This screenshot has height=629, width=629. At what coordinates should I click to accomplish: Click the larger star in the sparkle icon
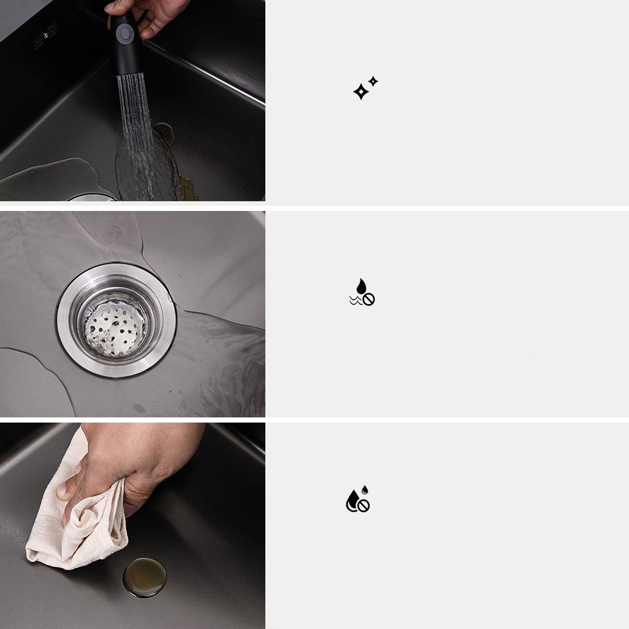tap(360, 92)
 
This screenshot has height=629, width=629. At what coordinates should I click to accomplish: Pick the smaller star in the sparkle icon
tap(373, 82)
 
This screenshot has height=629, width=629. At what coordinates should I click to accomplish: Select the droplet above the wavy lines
tap(361, 285)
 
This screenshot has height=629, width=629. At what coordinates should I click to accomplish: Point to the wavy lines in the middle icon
tap(355, 300)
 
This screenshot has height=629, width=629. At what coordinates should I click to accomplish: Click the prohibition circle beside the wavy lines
tap(369, 299)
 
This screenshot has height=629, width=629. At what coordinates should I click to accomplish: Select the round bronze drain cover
tap(144, 576)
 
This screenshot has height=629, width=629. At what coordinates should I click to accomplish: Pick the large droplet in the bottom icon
tap(353, 500)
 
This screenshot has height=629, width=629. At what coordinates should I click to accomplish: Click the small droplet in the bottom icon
tap(365, 490)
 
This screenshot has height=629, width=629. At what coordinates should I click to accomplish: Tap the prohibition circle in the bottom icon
tap(364, 506)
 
